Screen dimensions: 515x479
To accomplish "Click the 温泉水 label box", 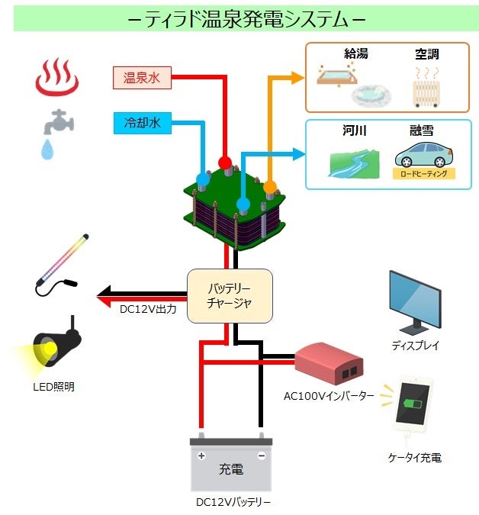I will click(x=142, y=76).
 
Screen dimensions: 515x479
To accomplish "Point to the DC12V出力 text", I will click(x=149, y=310).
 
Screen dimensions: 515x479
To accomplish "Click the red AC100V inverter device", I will click(x=329, y=364).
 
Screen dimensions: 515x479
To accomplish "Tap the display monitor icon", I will click(x=416, y=302).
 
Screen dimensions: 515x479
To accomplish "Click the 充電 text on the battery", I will click(x=230, y=469).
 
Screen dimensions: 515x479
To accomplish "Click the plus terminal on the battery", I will click(x=201, y=455).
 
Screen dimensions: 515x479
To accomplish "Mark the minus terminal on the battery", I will click(x=261, y=455).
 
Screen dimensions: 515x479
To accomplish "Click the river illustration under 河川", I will click(x=353, y=163).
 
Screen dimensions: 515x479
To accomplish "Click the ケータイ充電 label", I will click(x=414, y=458).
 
